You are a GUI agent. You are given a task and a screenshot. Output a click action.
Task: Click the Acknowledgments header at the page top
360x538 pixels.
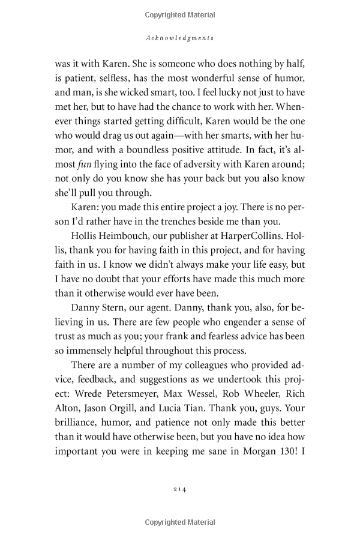coord(180,37)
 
